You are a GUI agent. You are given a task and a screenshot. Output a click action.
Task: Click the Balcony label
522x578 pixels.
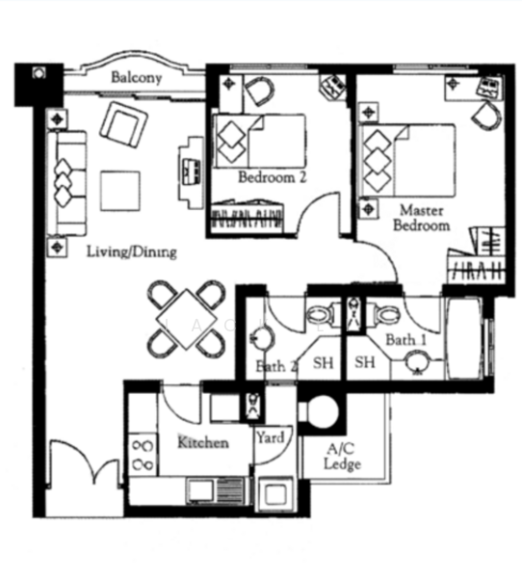pos(137,78)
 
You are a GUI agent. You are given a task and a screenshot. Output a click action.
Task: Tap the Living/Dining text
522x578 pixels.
pos(132,252)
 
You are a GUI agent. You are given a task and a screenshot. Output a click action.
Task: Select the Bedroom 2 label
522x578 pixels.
pos(273,177)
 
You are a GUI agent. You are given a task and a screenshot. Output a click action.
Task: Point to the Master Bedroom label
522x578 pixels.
pos(422,218)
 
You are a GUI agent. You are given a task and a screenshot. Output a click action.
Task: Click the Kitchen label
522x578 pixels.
pos(203,442)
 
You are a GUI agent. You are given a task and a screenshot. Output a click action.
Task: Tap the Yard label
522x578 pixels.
pos(271,437)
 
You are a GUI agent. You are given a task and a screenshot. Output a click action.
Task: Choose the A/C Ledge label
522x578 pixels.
pos(342,457)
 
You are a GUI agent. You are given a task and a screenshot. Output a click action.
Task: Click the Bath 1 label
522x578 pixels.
pos(405,340)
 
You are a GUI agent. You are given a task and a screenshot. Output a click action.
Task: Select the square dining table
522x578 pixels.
pos(187,319)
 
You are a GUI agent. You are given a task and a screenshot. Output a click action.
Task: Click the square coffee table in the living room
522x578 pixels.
pos(120,191)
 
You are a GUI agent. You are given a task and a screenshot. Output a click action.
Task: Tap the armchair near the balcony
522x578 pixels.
pos(123,124)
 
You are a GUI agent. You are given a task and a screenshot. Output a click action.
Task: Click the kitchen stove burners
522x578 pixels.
pos(144,455)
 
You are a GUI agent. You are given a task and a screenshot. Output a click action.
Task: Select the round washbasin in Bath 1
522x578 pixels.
pos(418,361)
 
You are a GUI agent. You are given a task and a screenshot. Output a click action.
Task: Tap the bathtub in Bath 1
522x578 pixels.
pos(464,338)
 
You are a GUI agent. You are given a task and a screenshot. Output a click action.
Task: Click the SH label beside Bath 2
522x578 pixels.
pos(324,363)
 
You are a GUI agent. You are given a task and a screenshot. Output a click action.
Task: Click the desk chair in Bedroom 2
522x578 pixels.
pos(259,91)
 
